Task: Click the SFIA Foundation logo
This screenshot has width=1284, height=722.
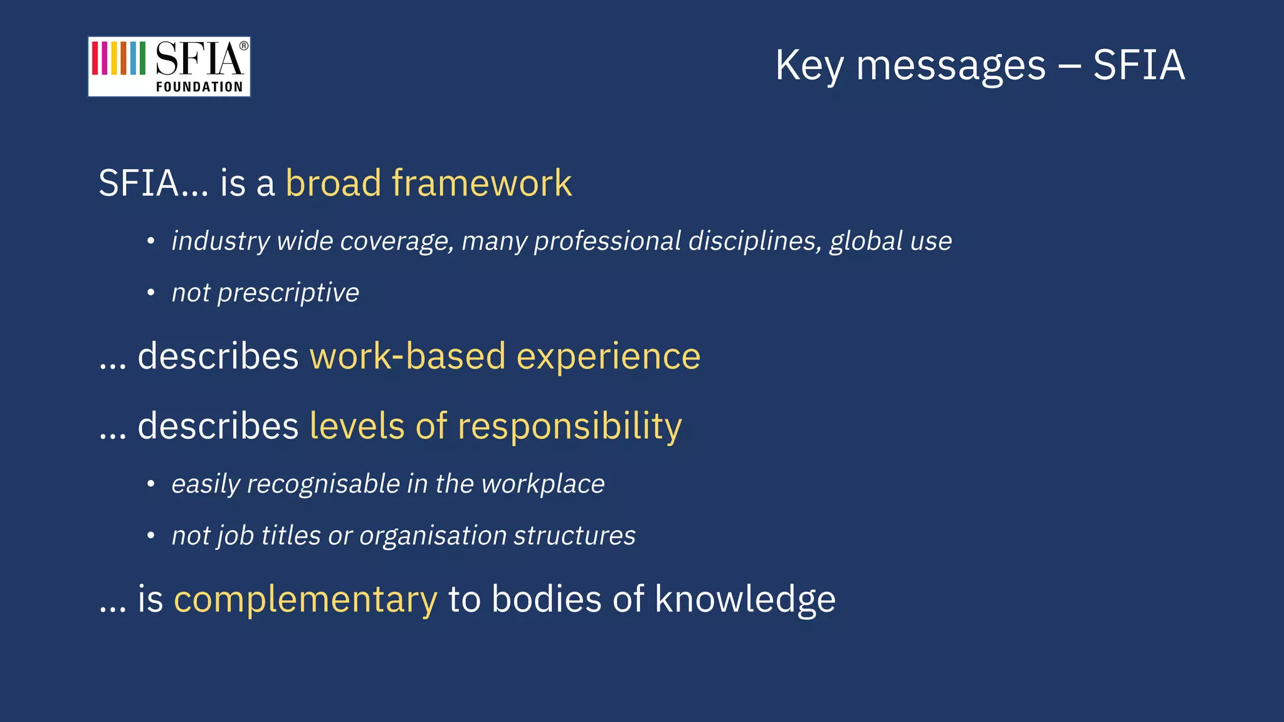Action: coord(169,66)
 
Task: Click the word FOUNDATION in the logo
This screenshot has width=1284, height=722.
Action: coord(199,87)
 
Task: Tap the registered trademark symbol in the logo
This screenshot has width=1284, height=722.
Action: coord(244,46)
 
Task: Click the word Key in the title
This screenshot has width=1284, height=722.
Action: coord(809,66)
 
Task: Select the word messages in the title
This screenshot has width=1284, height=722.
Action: coord(950,66)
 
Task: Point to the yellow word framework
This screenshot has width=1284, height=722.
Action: coord(481,183)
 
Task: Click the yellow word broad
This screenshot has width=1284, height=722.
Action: coord(333,183)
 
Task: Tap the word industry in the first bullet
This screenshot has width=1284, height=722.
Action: coord(221,241)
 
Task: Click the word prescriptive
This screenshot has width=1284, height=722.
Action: coord(288,293)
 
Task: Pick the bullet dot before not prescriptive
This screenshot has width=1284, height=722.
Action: coord(150,293)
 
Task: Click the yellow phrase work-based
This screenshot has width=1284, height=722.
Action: coord(407,356)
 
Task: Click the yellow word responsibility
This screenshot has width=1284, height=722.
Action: coord(569,427)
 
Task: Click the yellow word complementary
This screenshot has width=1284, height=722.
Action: coord(305,599)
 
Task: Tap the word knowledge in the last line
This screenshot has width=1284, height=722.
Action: coord(745,599)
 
